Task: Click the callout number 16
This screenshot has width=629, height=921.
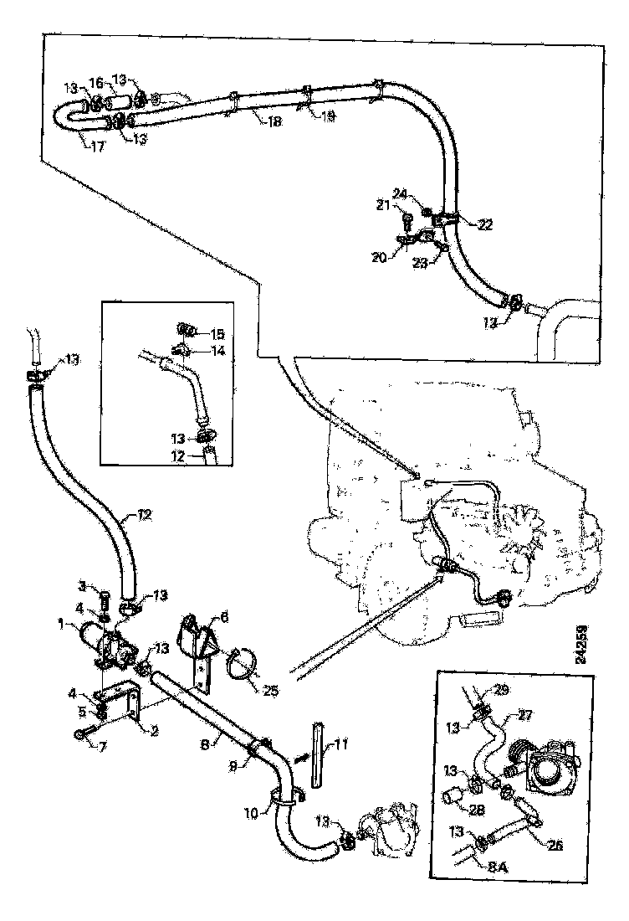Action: coord(97,83)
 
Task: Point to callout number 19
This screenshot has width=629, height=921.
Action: coord(329,116)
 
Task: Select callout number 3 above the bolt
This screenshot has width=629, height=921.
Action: coord(83,584)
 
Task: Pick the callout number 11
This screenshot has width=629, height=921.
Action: coord(341,743)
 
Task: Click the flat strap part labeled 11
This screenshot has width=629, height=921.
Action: coord(318,754)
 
